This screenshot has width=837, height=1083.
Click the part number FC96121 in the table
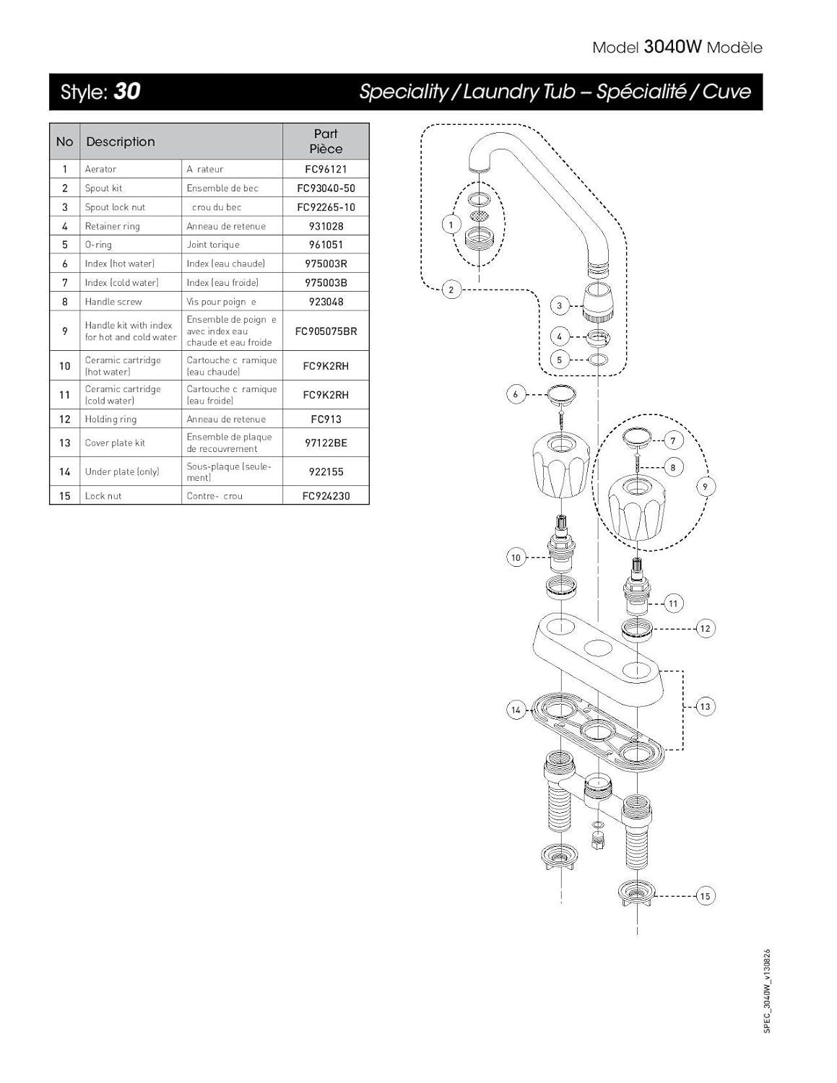click(326, 169)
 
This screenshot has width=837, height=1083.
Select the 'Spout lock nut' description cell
click(115, 207)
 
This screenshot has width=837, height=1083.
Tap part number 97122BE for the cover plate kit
click(326, 443)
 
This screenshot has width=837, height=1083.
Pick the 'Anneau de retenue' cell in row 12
click(226, 419)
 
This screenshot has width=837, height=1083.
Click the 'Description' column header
click(121, 142)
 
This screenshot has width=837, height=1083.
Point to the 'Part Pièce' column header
click(326, 142)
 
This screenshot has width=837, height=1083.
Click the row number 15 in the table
click(65, 496)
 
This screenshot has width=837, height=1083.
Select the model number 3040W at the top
click(672, 47)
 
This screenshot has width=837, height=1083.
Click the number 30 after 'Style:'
click(127, 91)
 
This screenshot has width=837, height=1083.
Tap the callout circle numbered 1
click(451, 225)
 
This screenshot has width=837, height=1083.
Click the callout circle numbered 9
click(706, 487)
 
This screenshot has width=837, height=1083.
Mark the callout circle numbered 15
click(705, 896)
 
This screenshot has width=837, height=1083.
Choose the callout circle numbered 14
click(516, 710)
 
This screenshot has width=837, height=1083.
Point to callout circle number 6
click(516, 394)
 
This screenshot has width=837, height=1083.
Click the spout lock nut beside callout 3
click(598, 303)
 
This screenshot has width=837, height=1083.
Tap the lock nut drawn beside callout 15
click(637, 893)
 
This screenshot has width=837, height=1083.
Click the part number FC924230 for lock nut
click(326, 496)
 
